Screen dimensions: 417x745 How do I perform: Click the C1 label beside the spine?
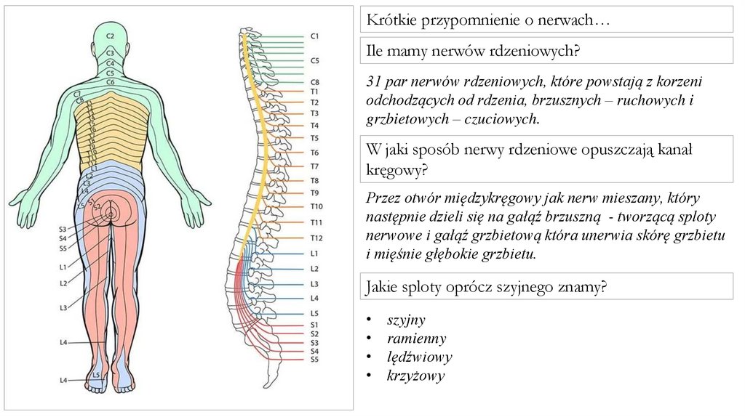(315, 36)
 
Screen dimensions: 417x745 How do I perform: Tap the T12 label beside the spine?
(316, 238)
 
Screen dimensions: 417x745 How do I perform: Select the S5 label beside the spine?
(315, 359)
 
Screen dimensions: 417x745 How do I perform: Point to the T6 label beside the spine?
(315, 153)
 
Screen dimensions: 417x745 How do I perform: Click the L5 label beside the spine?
(314, 313)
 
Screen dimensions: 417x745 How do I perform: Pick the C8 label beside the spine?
(315, 82)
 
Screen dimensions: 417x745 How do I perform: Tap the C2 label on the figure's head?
(111, 36)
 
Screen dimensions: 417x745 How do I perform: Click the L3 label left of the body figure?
(63, 308)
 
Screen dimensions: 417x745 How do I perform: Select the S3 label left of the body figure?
(63, 230)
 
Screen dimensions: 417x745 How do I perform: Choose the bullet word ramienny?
(416, 339)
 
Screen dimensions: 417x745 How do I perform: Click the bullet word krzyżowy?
(415, 376)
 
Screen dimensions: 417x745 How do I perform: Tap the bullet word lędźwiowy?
(419, 357)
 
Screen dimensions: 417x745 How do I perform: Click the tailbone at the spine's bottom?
(270, 378)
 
